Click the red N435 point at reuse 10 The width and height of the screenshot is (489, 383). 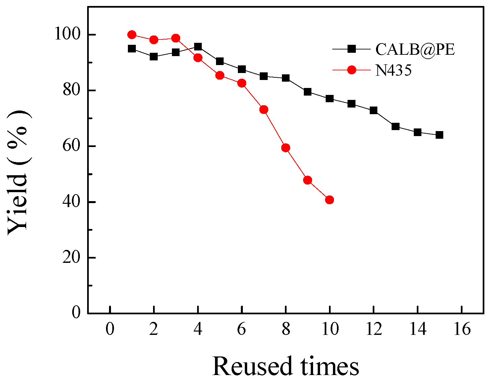click(329, 200)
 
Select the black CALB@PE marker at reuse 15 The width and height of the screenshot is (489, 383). click(439, 135)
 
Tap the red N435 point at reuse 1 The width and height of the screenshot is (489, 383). click(132, 35)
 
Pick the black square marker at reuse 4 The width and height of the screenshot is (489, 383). click(198, 47)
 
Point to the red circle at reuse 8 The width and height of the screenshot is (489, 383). click(286, 148)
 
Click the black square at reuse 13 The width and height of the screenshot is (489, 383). click(395, 126)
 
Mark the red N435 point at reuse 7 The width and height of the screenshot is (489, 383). click(264, 110)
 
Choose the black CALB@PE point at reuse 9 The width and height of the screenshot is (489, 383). click(307, 92)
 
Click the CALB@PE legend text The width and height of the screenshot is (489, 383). click(415, 49)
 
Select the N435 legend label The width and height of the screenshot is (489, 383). click(393, 70)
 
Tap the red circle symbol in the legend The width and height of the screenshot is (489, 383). click(352, 70)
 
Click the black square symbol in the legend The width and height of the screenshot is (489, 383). click(352, 49)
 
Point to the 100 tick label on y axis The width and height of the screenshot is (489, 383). click(67, 34)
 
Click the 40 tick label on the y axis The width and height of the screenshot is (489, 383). click(72, 202)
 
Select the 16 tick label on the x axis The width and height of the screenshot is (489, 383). click(462, 330)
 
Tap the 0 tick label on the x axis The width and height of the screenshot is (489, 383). click(110, 330)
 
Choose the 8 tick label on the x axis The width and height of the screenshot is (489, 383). click(286, 330)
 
